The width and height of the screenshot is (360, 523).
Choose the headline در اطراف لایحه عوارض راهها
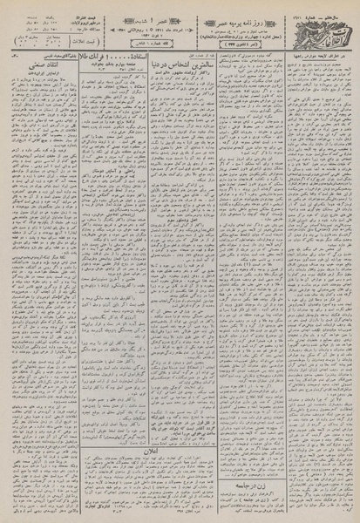click(x=301, y=79)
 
